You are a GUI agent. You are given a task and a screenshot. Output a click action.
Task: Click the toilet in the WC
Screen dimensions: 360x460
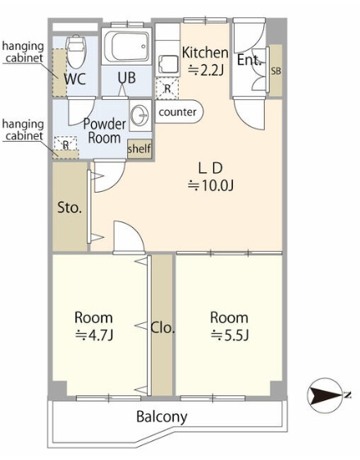point(76,52)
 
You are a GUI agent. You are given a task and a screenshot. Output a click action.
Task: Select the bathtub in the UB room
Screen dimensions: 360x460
point(126,47)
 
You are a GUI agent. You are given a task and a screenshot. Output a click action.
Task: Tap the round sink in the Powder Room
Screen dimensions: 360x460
point(140,115)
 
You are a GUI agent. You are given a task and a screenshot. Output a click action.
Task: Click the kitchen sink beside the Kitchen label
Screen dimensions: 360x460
point(168,65)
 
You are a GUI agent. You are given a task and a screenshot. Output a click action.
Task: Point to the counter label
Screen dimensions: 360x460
point(177,112)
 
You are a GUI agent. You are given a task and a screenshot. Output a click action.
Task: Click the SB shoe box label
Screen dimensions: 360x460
point(276,71)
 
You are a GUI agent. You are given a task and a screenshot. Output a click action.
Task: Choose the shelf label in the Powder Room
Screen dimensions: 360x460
point(139,148)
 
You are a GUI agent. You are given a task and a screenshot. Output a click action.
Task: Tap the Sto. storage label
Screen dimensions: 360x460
point(70,207)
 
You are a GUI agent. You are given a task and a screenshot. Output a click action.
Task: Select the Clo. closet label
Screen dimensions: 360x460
point(162,328)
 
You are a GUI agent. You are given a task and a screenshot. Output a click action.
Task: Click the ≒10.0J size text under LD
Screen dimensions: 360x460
point(211,185)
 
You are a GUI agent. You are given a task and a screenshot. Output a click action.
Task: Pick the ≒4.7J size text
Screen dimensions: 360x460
point(93,335)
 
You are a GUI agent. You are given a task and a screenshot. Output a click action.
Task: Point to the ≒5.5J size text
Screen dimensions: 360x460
point(230,335)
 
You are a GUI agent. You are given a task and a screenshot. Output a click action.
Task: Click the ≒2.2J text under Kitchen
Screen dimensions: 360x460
point(206,71)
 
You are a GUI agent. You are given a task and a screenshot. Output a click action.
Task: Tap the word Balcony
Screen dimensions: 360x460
point(162,417)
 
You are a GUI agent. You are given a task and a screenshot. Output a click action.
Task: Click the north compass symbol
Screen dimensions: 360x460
point(324,396)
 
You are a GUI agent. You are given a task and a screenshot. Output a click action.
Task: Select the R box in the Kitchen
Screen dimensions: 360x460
point(167,89)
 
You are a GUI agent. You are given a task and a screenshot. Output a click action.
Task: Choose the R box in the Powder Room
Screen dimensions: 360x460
point(66,144)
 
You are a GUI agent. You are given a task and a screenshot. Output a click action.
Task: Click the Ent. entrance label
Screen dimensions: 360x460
point(249,60)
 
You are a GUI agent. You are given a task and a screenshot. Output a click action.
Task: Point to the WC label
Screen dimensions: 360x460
point(75,79)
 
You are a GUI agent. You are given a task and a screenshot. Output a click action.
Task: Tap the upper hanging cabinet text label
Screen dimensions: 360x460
point(23,52)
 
